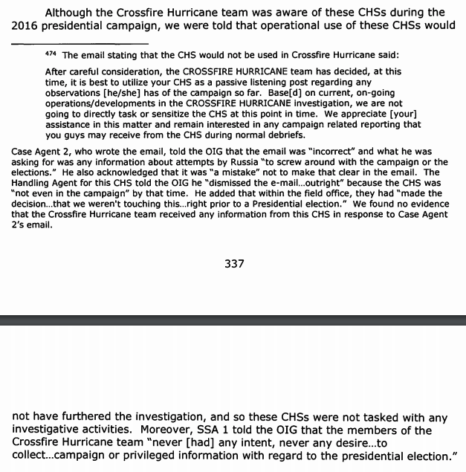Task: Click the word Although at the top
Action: click(x=74, y=12)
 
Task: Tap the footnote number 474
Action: click(x=52, y=56)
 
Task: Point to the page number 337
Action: click(x=234, y=264)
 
